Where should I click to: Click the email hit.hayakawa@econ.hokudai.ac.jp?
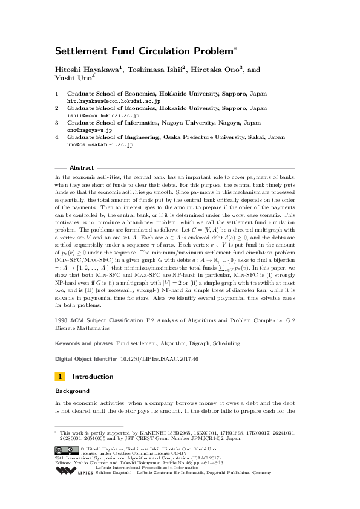point(113,101)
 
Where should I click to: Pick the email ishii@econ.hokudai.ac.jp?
point(103,115)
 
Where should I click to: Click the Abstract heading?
point(82,167)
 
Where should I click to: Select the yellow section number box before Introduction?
point(60,377)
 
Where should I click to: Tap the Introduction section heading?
point(93,377)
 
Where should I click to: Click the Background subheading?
point(73,391)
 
